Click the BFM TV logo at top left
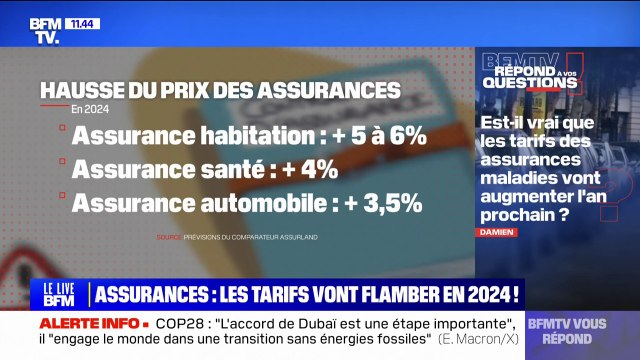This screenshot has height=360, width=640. coord(44,29)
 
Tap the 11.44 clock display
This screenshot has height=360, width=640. coord(84,22)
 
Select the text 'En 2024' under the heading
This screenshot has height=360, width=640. coord(90,109)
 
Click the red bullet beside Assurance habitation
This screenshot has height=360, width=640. coord(61,135)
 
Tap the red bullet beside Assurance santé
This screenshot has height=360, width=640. coord(61,169)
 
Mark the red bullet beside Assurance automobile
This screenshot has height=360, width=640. coord(61,203)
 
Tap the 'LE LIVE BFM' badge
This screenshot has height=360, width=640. coord(61,293)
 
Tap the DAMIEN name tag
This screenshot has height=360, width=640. coord(497,232)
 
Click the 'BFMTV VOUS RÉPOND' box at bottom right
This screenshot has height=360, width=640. coord(581,331)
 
